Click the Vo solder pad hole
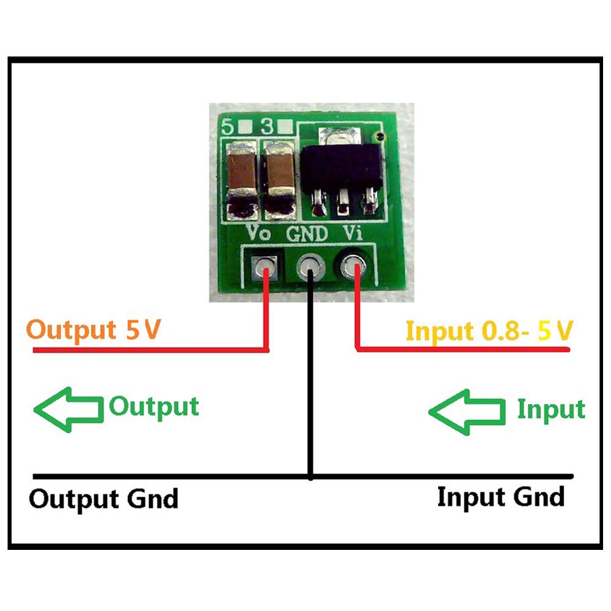tap(265, 267)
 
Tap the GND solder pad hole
tap(311, 267)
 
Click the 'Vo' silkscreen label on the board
tap(257, 233)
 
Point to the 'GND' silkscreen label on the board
tap(307, 233)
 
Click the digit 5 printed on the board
tap(229, 128)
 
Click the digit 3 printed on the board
tap(266, 128)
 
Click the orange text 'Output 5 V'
tap(95, 331)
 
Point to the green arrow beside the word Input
tap(467, 412)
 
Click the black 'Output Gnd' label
tap(104, 499)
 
